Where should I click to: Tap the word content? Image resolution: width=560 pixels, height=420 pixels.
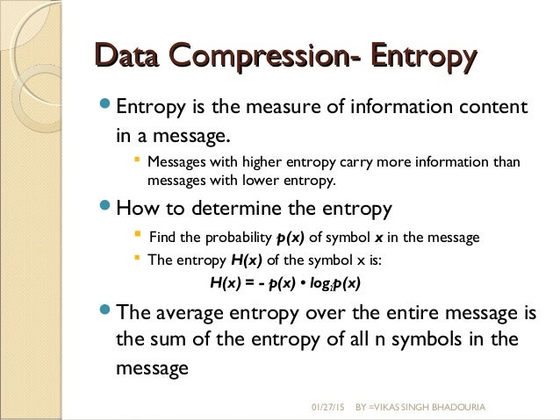[489, 108]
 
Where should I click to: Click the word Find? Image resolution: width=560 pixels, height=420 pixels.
[164, 238]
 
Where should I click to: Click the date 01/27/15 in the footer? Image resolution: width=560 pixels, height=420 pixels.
[330, 409]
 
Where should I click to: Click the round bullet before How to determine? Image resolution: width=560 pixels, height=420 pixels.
[106, 209]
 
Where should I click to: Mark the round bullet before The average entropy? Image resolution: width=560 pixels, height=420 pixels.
[106, 312]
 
